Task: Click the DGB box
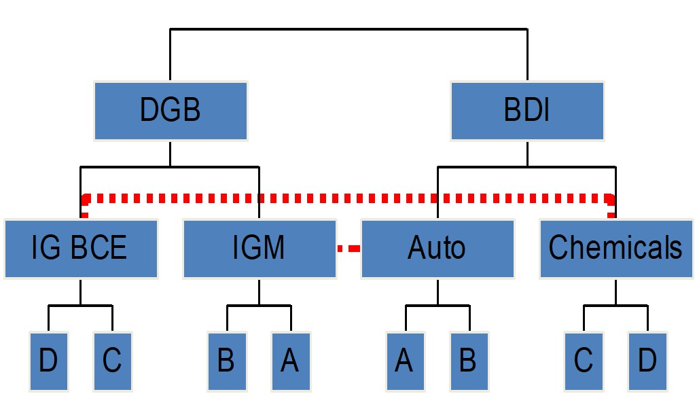(x=171, y=110)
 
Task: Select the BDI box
(x=527, y=110)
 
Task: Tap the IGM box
(x=260, y=248)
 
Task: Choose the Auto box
(x=437, y=248)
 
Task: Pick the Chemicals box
(x=615, y=248)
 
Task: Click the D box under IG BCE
(x=48, y=361)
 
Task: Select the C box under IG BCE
(x=111, y=361)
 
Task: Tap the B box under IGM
(x=226, y=361)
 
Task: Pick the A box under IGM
(x=290, y=361)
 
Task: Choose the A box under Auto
(x=405, y=361)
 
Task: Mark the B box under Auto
(x=468, y=361)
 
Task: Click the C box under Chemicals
(x=584, y=361)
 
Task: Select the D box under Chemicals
(x=647, y=361)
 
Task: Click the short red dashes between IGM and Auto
(x=348, y=249)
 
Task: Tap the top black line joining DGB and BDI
(x=348, y=29)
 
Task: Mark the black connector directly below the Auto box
(x=437, y=292)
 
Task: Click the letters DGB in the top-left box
(x=171, y=110)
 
